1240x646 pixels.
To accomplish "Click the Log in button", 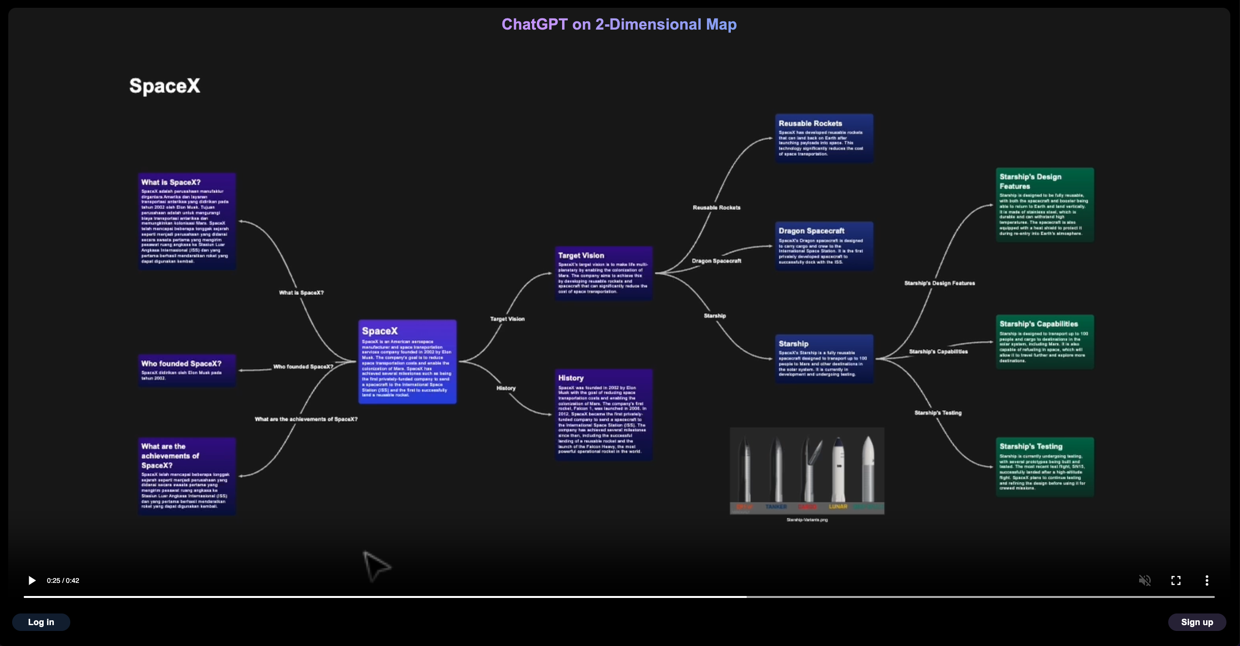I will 41,622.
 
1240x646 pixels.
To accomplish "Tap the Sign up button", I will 1197,622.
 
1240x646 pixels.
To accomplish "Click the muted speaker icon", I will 1144,580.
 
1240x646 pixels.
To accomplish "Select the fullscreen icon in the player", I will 1176,580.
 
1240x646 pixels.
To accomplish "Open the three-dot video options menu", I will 1207,580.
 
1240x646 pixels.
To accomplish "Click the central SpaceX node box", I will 407,362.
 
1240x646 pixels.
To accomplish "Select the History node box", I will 604,414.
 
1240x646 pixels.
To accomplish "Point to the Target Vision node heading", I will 581,255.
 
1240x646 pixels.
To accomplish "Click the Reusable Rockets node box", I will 824,138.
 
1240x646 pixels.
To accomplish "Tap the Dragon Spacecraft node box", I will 824,246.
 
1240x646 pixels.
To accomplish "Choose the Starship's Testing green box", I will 1045,467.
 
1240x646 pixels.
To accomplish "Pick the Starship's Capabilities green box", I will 1045,342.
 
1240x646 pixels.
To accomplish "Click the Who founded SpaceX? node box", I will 187,370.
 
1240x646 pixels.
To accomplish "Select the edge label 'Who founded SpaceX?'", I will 303,367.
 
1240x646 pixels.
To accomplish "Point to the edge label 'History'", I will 506,388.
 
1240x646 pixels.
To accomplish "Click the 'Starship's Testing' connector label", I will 938,413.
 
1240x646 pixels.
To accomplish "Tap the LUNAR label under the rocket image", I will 838,507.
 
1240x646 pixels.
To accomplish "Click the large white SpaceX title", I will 165,86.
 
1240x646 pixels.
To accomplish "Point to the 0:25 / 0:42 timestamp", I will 63,580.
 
